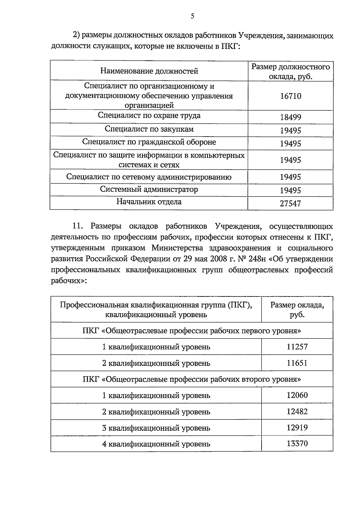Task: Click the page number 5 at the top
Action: [x=192, y=17]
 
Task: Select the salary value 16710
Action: [x=290, y=96]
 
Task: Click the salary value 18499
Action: [x=290, y=117]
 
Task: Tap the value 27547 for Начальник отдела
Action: [x=290, y=204]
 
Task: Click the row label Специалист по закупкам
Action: [x=149, y=129]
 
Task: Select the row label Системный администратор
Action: [x=149, y=190]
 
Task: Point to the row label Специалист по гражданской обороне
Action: [x=149, y=142]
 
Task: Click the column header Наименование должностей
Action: [x=149, y=71]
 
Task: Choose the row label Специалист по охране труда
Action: [x=149, y=116]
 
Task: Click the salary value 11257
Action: [x=297, y=347]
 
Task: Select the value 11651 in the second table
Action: [x=297, y=363]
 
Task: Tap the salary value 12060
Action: [x=297, y=395]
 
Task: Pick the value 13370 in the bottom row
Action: [x=297, y=444]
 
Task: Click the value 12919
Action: [x=297, y=428]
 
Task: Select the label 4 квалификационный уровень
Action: [x=156, y=444]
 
